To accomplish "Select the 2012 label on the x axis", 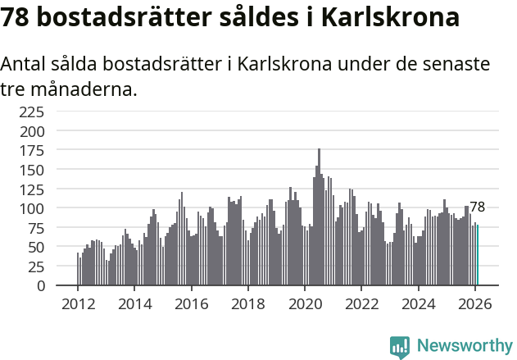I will (x=78, y=304).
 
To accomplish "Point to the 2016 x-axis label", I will (x=191, y=304).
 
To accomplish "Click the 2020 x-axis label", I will (x=305, y=304).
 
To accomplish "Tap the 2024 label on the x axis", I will (x=419, y=304).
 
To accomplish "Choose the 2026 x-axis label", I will (x=475, y=304).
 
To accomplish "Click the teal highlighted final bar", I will (x=478, y=256).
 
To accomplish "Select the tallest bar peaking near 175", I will (x=319, y=217).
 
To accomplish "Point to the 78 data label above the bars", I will (x=478, y=207).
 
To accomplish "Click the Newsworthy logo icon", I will (x=400, y=347).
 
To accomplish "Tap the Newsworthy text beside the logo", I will (x=464, y=346).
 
